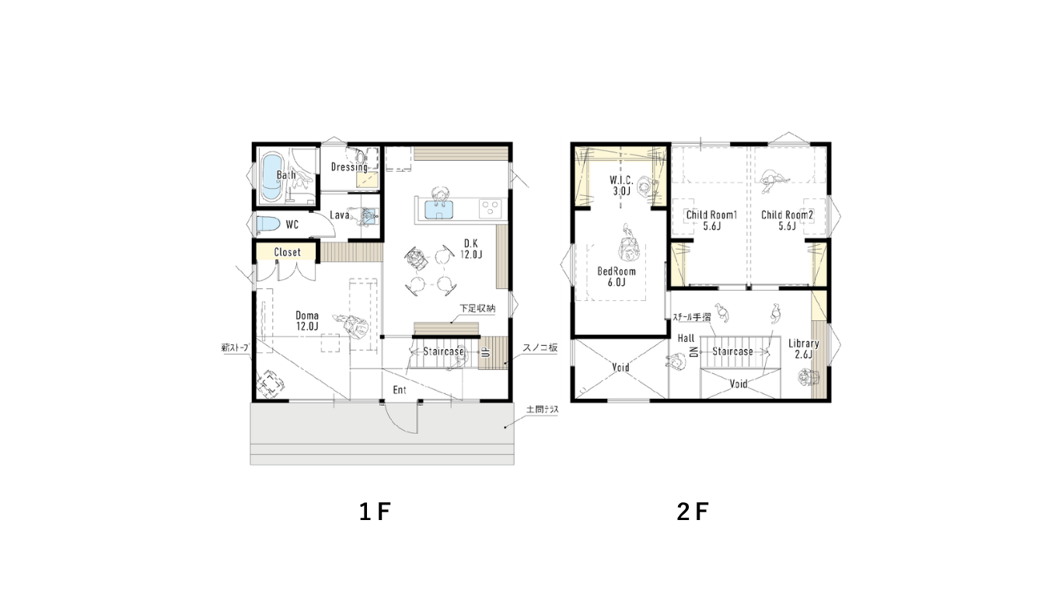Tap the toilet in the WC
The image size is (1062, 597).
[268, 224]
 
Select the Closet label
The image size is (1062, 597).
[288, 253]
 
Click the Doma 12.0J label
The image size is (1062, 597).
[307, 320]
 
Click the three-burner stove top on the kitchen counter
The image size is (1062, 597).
[491, 208]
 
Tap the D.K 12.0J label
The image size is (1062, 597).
[471, 249]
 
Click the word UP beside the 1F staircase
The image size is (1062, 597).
[484, 352]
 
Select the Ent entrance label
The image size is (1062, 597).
[400, 389]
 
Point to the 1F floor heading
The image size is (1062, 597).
[375, 511]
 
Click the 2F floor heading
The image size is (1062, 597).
[693, 511]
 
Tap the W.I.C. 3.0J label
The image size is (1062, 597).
[621, 186]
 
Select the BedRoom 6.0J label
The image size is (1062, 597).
[617, 277]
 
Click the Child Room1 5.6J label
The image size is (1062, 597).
[711, 221]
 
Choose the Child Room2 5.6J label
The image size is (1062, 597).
[787, 221]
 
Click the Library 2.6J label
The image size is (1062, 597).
[804, 349]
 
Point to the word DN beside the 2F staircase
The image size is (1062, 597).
[693, 351]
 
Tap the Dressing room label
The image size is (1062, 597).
[349, 167]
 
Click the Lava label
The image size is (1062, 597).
[340, 215]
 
